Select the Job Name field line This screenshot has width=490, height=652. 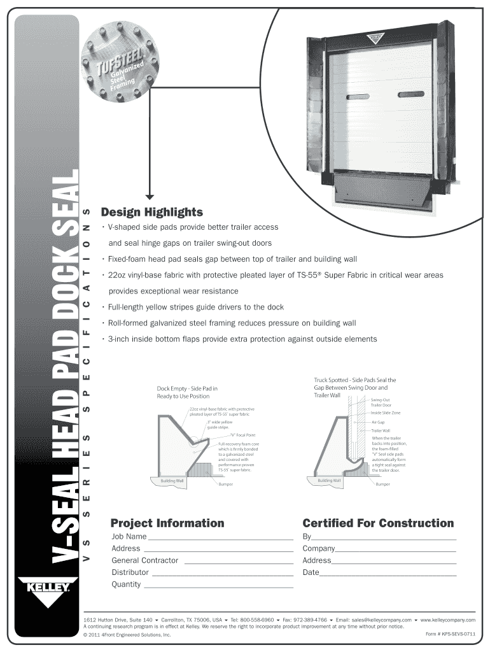tap(220, 537)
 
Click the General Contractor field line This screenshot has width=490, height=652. tap(238, 561)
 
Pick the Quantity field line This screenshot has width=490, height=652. tap(218, 585)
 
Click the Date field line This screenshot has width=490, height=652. tap(388, 573)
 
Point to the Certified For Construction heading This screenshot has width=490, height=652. tap(378, 523)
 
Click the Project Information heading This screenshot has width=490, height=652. tap(167, 523)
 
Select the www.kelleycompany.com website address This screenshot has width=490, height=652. tap(447, 620)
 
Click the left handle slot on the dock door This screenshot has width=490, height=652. tap(361, 97)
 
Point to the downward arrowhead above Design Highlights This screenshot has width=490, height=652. tap(150, 196)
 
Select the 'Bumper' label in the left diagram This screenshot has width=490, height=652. tap(225, 485)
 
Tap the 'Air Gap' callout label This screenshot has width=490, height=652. tap(378, 422)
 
